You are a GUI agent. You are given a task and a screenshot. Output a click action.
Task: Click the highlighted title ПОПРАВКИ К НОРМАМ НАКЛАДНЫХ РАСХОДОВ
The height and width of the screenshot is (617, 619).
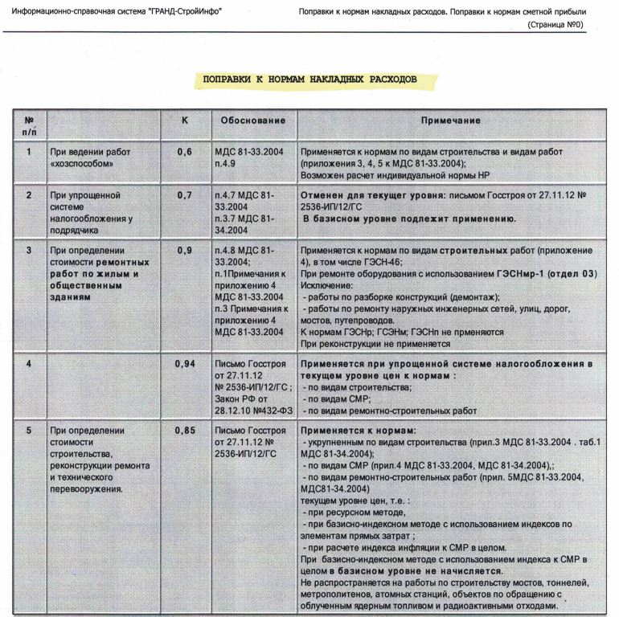(309, 80)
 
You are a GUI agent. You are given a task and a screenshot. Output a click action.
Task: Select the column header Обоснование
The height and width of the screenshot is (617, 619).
(253, 121)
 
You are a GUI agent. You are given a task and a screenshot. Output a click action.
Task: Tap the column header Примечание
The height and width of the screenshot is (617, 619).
(450, 121)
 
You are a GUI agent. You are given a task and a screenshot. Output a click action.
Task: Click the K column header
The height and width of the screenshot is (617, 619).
(185, 120)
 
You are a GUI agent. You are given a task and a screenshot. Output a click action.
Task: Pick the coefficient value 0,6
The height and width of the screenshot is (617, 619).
(185, 151)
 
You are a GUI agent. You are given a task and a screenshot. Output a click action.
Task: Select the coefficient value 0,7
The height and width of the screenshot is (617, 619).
(185, 194)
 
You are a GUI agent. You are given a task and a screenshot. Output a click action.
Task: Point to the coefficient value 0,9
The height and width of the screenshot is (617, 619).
(185, 250)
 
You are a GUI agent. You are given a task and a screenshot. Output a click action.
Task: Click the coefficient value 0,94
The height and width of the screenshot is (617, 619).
(185, 364)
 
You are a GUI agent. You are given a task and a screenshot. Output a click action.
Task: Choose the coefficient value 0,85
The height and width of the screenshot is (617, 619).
(185, 430)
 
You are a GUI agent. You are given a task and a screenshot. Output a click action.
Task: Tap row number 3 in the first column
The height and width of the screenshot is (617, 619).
(29, 250)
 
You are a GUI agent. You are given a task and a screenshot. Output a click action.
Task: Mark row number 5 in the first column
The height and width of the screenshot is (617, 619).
(29, 430)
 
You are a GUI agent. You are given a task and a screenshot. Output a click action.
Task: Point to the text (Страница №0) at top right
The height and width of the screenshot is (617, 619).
(555, 25)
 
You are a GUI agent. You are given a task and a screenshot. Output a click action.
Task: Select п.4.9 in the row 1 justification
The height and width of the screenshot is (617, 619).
(228, 163)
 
